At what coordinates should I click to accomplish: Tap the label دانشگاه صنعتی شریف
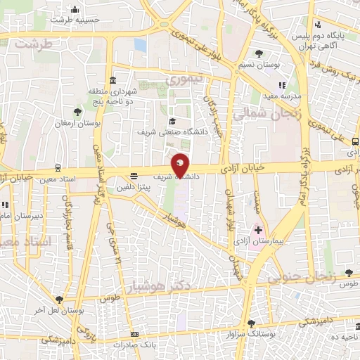click(x=167, y=131)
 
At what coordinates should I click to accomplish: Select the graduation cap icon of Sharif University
click(x=172, y=120)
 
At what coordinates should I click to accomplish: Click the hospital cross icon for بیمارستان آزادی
click(x=258, y=229)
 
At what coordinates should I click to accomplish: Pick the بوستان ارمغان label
click(x=81, y=123)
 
